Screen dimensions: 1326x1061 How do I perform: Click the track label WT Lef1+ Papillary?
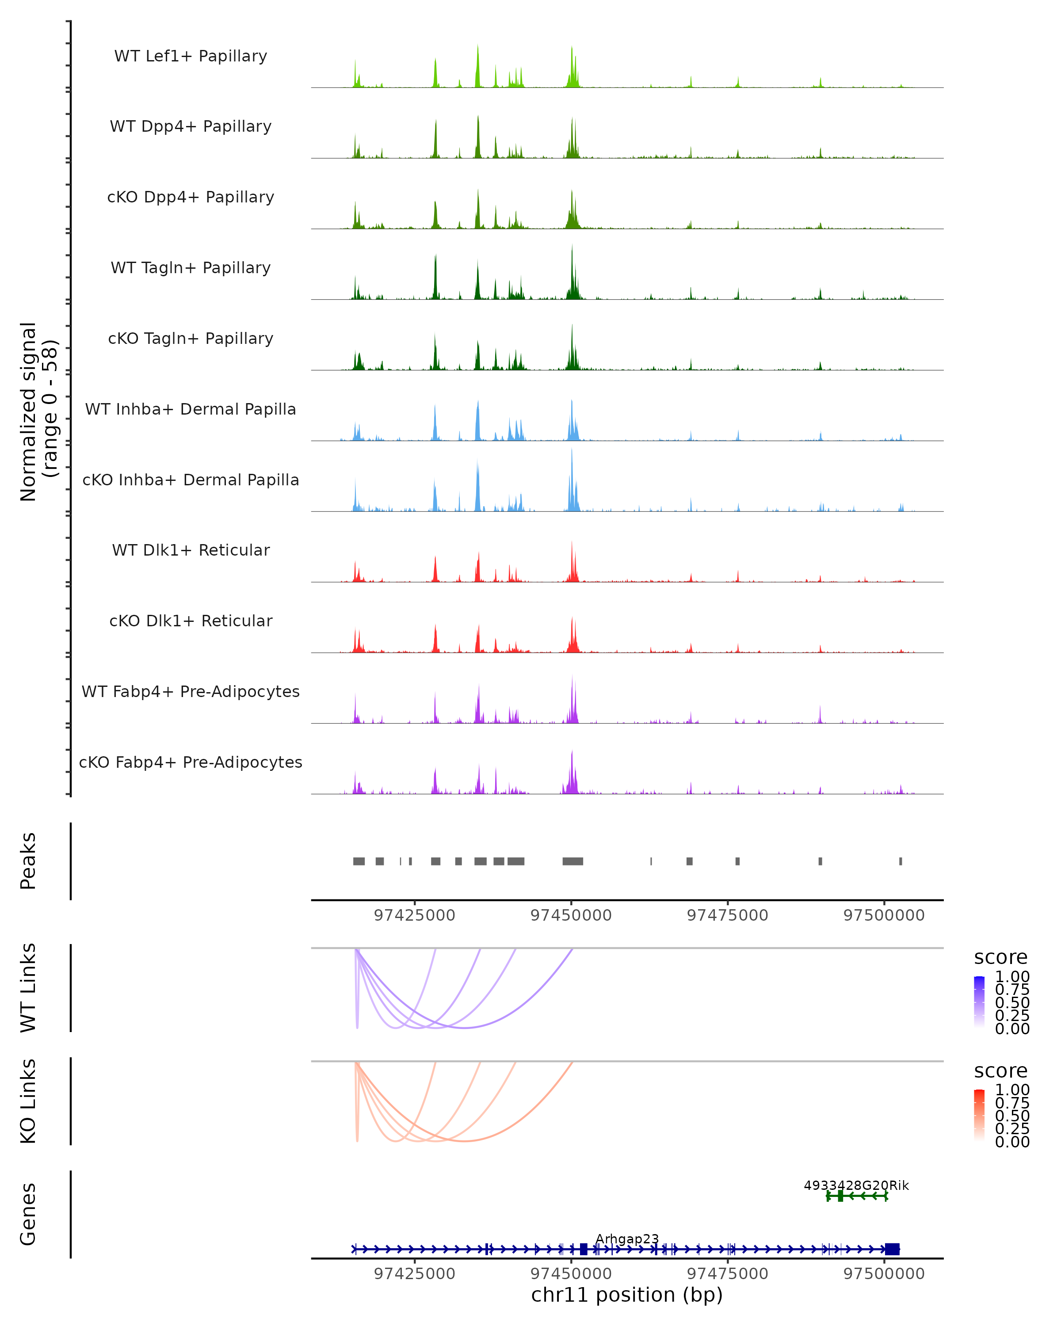[191, 56]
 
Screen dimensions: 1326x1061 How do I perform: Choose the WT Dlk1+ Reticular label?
[191, 550]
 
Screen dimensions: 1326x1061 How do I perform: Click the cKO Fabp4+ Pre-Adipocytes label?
[191, 762]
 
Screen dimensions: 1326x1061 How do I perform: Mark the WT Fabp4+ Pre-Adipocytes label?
[191, 691]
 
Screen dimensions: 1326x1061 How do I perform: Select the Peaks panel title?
[28, 861]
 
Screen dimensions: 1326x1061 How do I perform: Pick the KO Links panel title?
[28, 1101]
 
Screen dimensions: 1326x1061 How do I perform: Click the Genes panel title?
[28, 1214]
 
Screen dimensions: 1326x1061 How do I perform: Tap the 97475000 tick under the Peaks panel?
[727, 915]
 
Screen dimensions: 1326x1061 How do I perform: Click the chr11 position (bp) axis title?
[627, 1295]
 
